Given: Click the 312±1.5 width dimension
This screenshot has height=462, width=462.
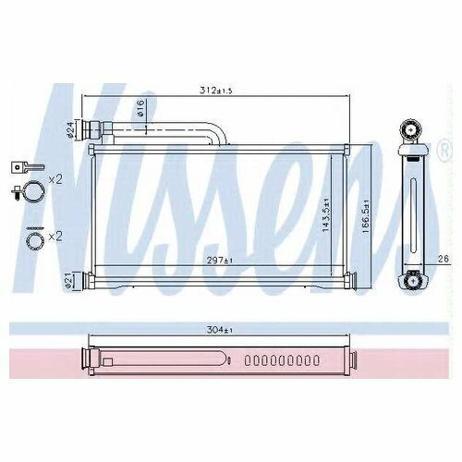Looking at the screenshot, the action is coord(215,91).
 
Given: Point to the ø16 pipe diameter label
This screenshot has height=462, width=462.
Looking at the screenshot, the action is coord(140,107).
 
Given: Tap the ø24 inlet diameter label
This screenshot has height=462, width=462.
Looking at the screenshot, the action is coord(70,130).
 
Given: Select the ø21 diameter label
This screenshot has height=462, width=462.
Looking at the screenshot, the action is coord(68,280).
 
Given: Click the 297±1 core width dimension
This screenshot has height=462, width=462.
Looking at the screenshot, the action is coord(219,261).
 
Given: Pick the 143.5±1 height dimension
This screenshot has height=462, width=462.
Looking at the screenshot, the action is coord(325,215).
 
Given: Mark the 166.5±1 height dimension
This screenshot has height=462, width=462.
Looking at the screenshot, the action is coord(365,216).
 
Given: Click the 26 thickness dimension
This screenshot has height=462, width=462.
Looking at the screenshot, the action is coord(444,259).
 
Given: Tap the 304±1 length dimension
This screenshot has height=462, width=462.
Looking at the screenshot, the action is coord(219,330).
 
